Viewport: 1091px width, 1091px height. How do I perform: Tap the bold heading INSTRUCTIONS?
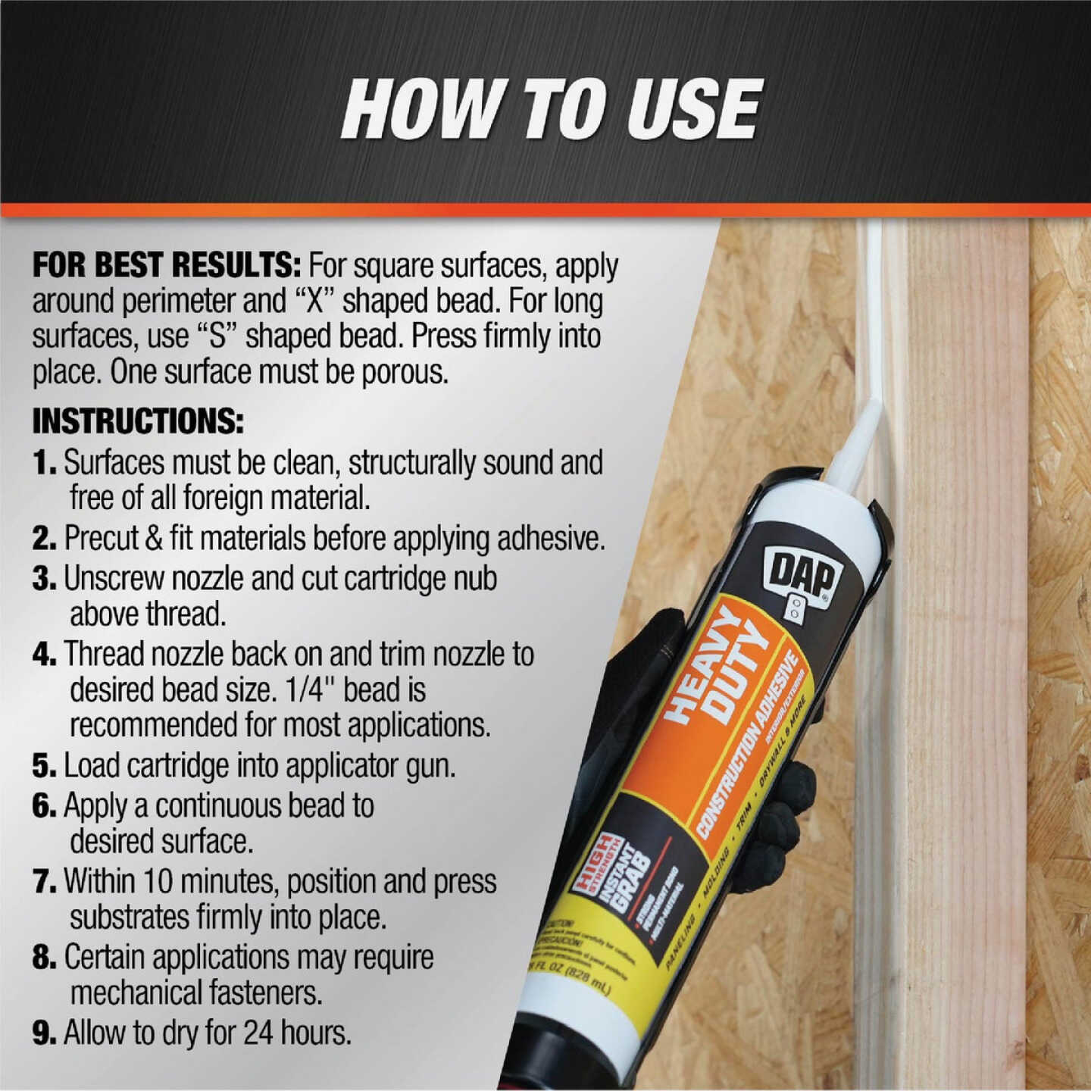point(138,421)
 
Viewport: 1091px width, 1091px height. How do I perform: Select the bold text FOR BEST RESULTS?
point(167,266)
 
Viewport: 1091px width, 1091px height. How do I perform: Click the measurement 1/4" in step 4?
point(311,689)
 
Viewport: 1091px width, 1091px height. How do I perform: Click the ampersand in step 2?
point(154,539)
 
